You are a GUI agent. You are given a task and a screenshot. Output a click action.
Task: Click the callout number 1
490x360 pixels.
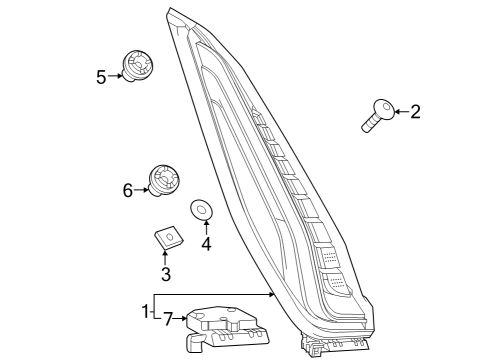(x=146, y=309)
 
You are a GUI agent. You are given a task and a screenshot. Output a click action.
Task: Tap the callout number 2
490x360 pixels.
(x=415, y=112)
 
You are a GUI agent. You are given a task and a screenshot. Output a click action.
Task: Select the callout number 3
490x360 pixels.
(x=166, y=274)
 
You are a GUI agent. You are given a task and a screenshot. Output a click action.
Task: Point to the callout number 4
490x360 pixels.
(x=206, y=243)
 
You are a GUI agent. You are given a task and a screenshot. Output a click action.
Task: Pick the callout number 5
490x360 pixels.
(x=101, y=75)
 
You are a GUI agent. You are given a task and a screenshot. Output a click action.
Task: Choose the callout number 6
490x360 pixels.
(x=127, y=189)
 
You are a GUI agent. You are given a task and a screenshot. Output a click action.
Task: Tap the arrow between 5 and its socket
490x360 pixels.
(x=114, y=75)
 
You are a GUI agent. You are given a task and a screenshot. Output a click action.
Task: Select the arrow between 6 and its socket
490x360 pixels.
(x=141, y=189)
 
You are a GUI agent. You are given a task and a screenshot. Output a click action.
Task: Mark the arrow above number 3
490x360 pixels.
(x=166, y=258)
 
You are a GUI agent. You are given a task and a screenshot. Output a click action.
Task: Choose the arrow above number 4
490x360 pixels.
(x=206, y=228)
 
